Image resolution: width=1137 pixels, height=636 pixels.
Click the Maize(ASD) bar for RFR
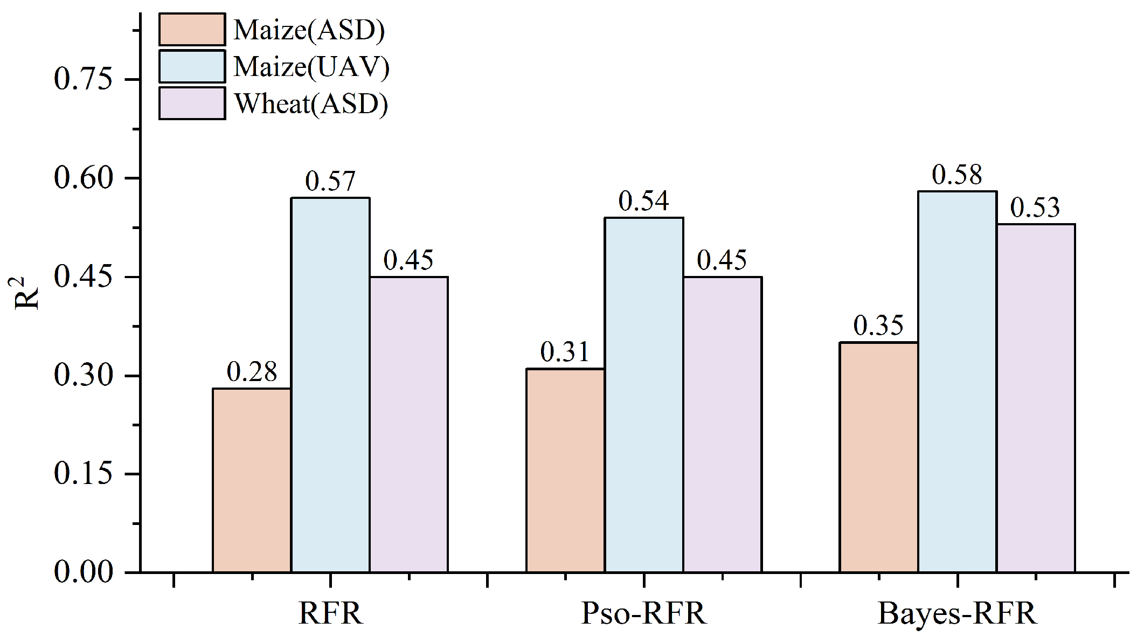pyautogui.click(x=252, y=480)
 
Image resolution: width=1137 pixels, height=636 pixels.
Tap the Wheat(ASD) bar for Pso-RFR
pyautogui.click(x=722, y=424)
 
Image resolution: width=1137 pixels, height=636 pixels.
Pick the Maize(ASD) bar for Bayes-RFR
pyautogui.click(x=878, y=457)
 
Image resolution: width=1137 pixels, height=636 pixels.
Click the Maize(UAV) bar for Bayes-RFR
pyautogui.click(x=957, y=381)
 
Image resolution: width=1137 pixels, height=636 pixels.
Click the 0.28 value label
pyautogui.click(x=252, y=372)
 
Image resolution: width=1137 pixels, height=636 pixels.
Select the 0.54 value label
pyautogui.click(x=643, y=201)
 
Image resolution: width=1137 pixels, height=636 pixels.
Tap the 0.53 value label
pyautogui.click(x=1035, y=208)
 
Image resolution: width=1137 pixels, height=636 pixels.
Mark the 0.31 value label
pyautogui.click(x=565, y=352)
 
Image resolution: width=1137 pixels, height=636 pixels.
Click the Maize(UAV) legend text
pyautogui.click(x=311, y=67)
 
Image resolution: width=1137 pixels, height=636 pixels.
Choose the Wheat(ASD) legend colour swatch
pyautogui.click(x=192, y=103)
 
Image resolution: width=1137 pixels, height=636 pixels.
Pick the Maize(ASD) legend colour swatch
pyautogui.click(x=192, y=30)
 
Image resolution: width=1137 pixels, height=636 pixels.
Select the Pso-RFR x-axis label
pyautogui.click(x=643, y=613)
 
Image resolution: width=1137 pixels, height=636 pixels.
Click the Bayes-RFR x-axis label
pyautogui.click(x=957, y=613)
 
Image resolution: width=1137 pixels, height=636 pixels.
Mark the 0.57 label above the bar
pyautogui.click(x=330, y=182)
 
